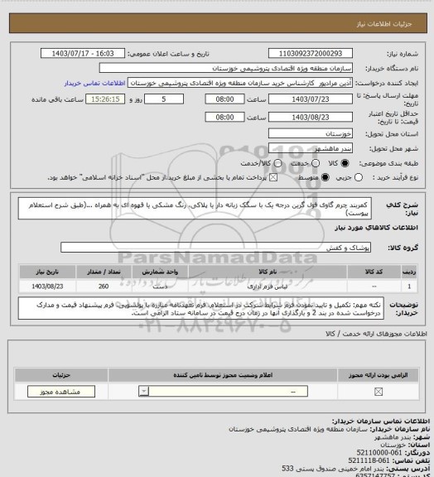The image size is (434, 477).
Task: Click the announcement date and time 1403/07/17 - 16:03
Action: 84,53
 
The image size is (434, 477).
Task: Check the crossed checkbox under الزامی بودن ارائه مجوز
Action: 379,391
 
